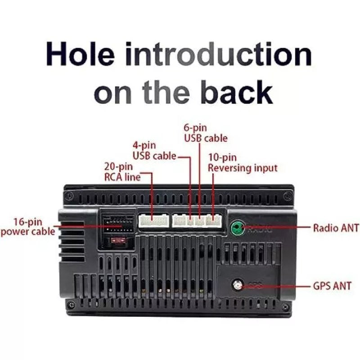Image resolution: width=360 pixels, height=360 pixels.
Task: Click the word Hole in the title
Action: pyautogui.click(x=81, y=54)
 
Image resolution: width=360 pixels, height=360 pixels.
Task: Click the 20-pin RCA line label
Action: pyautogui.click(x=122, y=172)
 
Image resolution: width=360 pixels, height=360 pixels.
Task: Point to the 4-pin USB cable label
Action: pyautogui.click(x=154, y=151)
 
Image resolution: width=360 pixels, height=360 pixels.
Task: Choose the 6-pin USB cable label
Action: pyautogui.click(x=206, y=133)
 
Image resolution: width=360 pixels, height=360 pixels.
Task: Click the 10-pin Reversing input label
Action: pyautogui.click(x=243, y=163)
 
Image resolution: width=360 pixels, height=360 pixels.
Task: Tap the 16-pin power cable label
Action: pyautogui.click(x=28, y=227)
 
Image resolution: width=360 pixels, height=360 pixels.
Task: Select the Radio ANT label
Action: pyautogui.click(x=336, y=228)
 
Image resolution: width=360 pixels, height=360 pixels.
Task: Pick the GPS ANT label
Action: pyautogui.click(x=332, y=286)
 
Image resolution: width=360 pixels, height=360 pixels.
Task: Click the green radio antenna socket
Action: pyautogui.click(x=238, y=228)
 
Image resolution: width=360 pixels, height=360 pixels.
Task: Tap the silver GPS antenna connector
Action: pyautogui.click(x=238, y=285)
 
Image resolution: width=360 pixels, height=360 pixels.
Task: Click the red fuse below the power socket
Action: pyautogui.click(x=118, y=240)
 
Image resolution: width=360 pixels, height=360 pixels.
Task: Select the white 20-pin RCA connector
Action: pyautogui.click(x=153, y=221)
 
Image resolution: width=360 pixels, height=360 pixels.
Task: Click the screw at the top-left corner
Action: pyautogui.click(x=69, y=196)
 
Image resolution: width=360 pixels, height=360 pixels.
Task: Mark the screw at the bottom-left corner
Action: pyautogui.click(x=72, y=305)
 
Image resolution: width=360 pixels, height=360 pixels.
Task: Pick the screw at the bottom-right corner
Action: pyautogui.click(x=286, y=306)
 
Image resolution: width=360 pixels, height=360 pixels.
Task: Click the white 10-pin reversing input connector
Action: pyautogui.click(x=214, y=220)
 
